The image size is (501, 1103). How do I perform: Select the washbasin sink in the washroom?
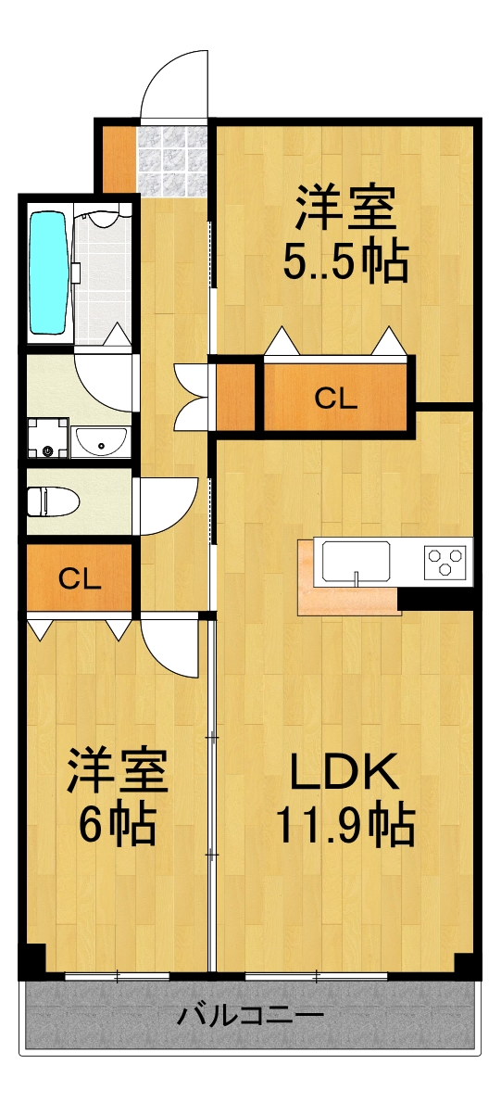[102, 443]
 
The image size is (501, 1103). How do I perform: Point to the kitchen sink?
[356, 562]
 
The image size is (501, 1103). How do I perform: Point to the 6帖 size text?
[116, 824]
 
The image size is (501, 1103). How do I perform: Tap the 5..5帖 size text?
[345, 264]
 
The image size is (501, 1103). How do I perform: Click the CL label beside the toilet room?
[80, 578]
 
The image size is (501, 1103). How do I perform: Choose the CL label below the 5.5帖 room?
[335, 399]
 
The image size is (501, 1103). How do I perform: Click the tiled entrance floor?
[171, 159]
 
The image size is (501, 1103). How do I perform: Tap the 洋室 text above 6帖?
[116, 771]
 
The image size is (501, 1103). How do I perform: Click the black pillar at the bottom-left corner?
[31, 959]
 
